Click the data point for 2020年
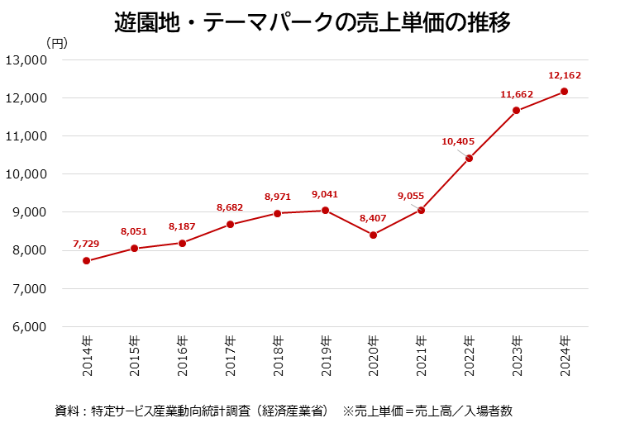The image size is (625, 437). tap(373, 235)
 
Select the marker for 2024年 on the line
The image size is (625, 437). tap(564, 92)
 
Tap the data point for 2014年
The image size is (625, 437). tap(87, 261)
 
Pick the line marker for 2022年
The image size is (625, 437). tap(469, 159)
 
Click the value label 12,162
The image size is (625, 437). tap(565, 75)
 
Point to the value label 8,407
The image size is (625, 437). tap(373, 218)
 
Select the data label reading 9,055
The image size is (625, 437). tap(411, 196)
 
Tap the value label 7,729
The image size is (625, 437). tap(87, 245)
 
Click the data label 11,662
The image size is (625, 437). tap(517, 95)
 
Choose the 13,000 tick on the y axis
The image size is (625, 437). tap(26, 60)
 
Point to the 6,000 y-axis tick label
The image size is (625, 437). tap(29, 327)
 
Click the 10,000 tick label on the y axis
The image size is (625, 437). tap(26, 174)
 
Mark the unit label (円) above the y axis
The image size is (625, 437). tap(57, 42)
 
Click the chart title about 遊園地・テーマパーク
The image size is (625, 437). tap(312, 21)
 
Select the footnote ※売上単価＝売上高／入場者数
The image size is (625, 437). tap(433, 411)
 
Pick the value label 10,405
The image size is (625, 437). tap(458, 141)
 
